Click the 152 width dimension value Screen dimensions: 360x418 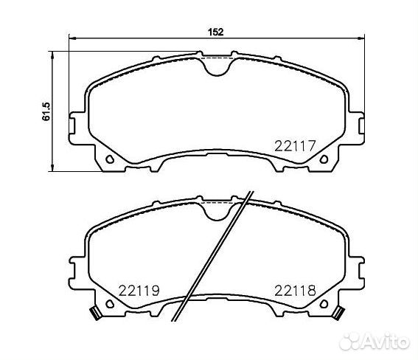[x=215, y=31]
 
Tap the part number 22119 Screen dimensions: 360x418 [x=139, y=290]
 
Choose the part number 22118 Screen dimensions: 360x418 [x=295, y=290]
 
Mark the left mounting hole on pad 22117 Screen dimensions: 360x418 [x=110, y=159]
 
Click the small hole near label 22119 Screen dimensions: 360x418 [x=110, y=303]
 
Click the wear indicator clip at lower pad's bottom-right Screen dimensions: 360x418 [x=338, y=312]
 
